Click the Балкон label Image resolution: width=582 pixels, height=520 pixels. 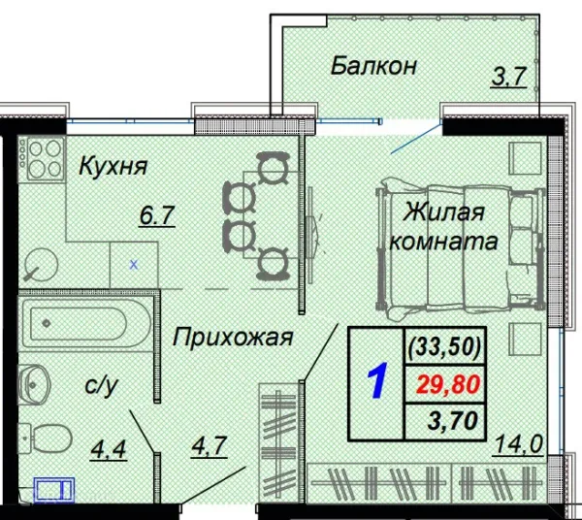tap(373, 66)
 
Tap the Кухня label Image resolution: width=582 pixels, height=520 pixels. tap(113, 166)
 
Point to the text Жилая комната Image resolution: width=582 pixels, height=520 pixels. tap(444, 225)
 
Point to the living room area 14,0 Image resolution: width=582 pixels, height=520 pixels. tap(516, 444)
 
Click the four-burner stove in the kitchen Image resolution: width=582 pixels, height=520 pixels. tap(40, 159)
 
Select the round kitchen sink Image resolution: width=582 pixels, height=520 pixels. tap(40, 261)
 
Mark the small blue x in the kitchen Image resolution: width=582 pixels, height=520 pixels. tap(134, 263)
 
